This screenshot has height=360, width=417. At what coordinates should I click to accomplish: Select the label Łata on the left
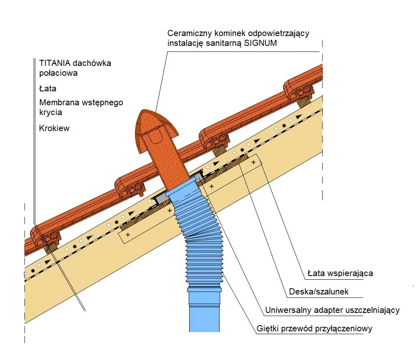point(47,88)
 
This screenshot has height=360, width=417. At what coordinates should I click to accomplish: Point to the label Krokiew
point(54,128)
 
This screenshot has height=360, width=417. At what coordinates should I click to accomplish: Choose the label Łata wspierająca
point(340,273)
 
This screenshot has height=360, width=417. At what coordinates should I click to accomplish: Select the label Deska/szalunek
point(319,292)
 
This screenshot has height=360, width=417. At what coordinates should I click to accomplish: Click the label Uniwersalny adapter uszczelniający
point(332,310)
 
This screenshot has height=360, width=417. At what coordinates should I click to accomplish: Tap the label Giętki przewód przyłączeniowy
point(315,328)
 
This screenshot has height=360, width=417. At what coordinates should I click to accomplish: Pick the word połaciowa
point(58,73)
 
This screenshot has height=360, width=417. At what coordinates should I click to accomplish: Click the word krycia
point(50,112)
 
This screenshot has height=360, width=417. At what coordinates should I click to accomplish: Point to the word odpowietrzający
point(274,33)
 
